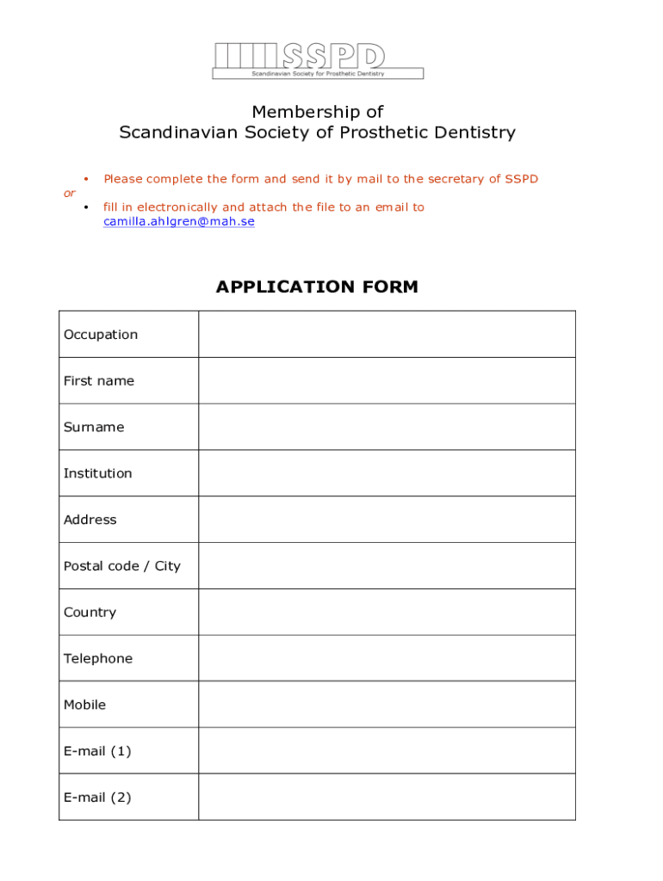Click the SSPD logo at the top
(x=318, y=60)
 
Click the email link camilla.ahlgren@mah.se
(x=179, y=222)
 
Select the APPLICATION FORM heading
(x=317, y=287)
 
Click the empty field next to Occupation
(x=387, y=334)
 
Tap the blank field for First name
(x=387, y=380)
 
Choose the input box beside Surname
(x=387, y=427)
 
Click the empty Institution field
(x=387, y=473)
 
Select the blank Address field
(x=387, y=520)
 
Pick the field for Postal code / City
(x=387, y=566)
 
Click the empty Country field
(x=387, y=613)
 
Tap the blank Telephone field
(x=387, y=658)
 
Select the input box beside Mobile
(x=387, y=705)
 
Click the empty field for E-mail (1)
(x=387, y=751)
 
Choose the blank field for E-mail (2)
(x=387, y=798)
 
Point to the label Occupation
(x=101, y=335)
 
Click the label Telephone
(x=98, y=659)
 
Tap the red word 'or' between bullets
(x=70, y=193)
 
